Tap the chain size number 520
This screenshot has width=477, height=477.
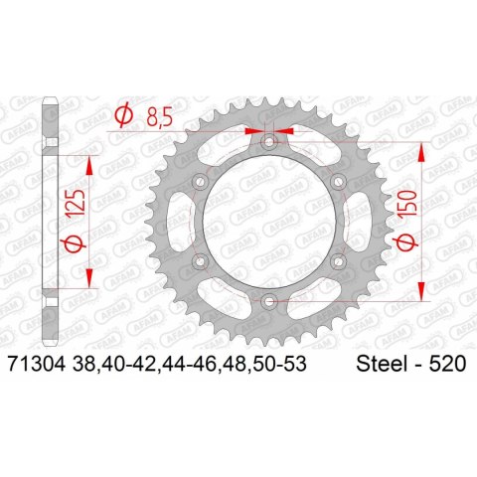coord(447,367)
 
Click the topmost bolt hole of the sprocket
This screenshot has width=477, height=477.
coord(270,141)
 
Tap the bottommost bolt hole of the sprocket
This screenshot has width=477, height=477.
coord(270,298)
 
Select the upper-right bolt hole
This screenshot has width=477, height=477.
coord(339,181)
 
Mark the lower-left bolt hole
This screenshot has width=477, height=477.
coord(202,259)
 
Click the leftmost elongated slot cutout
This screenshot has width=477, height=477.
coord(176,220)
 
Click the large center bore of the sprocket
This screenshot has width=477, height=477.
coord(270,220)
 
